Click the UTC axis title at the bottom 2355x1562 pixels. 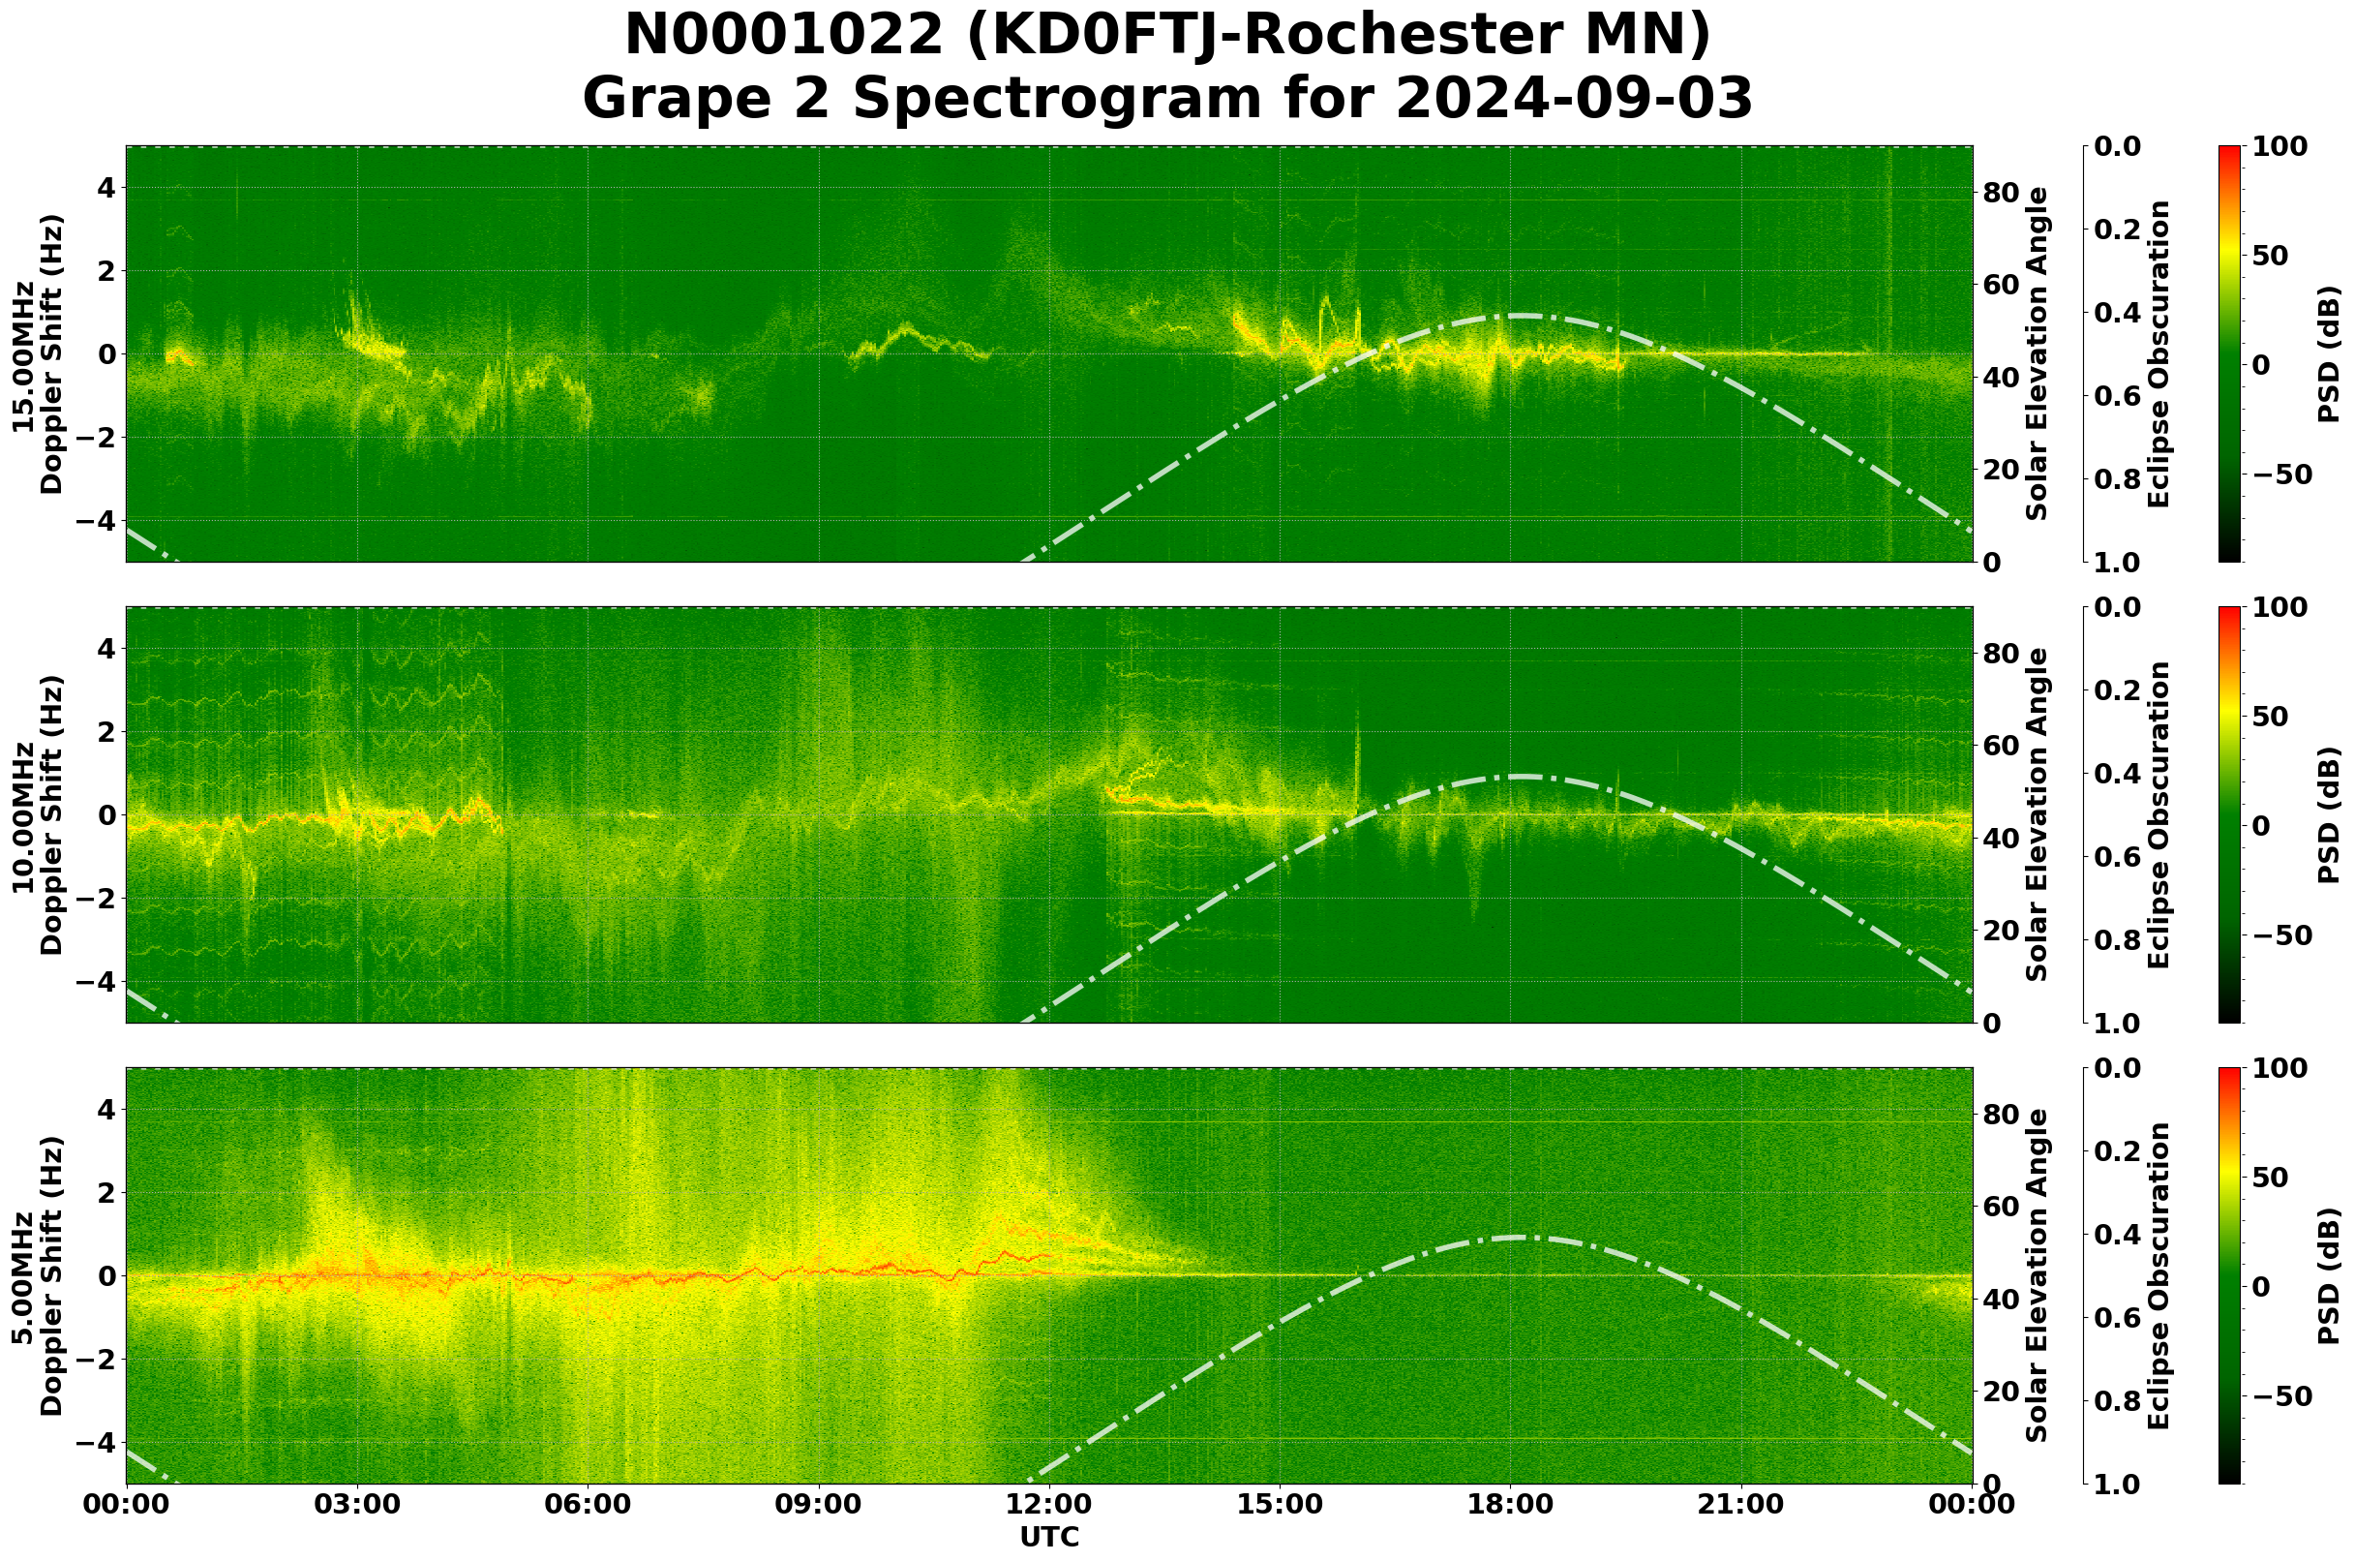click(x=1049, y=1538)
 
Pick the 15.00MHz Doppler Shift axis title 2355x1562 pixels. click(x=37, y=354)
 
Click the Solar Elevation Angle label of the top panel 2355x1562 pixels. click(x=2038, y=354)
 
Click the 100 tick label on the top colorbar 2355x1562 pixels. click(x=2279, y=146)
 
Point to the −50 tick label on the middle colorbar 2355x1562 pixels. click(x=2281, y=936)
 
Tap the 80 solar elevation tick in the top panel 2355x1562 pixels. click(x=2001, y=194)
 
